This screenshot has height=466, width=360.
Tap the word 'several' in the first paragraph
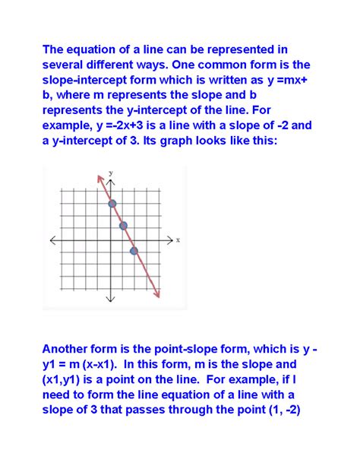66,68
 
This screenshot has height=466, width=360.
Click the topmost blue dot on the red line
112,203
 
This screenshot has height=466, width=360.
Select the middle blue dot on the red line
123,225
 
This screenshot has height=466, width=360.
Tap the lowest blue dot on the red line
134,251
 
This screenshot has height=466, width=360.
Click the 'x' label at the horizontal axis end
178,239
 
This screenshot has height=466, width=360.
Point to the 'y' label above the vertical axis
111,173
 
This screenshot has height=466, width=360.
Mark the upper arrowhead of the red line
99,178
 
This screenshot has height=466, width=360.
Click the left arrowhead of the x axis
52,239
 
